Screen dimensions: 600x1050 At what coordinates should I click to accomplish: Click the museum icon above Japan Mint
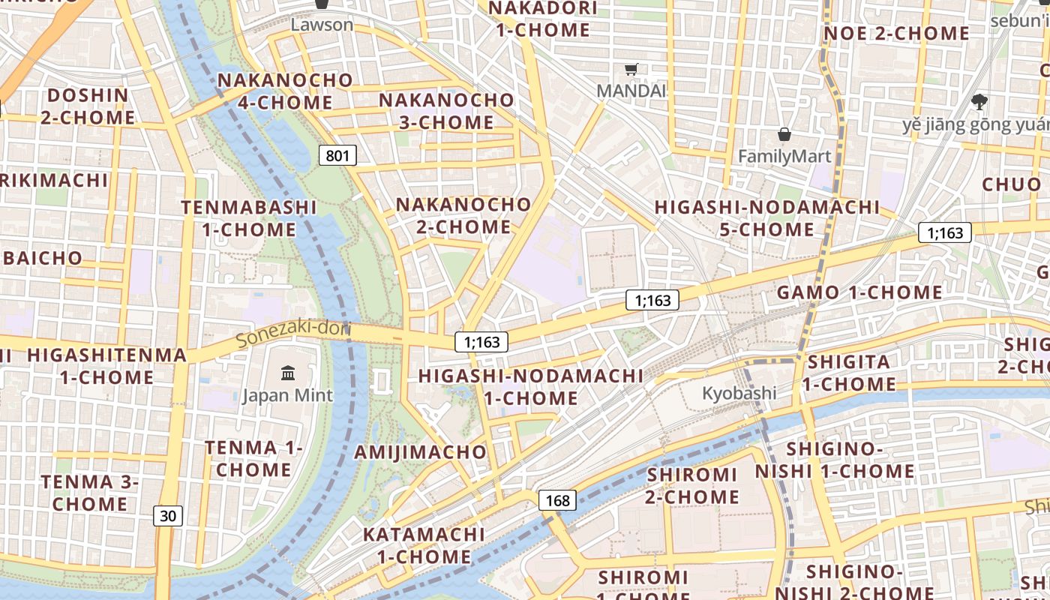287,373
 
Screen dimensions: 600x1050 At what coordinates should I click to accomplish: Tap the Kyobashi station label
739,393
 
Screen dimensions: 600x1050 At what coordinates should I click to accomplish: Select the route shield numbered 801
337,155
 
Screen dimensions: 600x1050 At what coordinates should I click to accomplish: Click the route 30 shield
168,515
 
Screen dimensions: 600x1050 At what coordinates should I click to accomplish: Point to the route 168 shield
557,500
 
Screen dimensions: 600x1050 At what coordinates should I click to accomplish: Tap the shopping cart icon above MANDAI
631,70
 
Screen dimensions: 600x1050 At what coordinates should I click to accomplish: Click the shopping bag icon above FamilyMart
784,135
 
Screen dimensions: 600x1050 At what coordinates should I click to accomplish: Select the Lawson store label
322,25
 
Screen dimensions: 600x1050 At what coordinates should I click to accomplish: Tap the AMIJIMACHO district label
420,452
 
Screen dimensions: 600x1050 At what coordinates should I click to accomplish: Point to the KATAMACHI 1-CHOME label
424,545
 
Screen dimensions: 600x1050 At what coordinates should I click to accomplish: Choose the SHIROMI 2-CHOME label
692,485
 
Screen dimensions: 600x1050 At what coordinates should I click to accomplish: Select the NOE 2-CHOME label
896,34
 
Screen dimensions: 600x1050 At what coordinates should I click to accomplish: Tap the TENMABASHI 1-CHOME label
249,218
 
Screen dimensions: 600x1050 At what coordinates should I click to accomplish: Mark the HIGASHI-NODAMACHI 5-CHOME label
766,217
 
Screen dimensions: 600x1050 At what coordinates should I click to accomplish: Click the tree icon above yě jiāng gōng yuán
979,102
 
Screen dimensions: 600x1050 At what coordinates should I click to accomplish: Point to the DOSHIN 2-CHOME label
88,106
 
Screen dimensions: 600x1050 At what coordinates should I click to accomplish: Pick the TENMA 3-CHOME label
89,493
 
